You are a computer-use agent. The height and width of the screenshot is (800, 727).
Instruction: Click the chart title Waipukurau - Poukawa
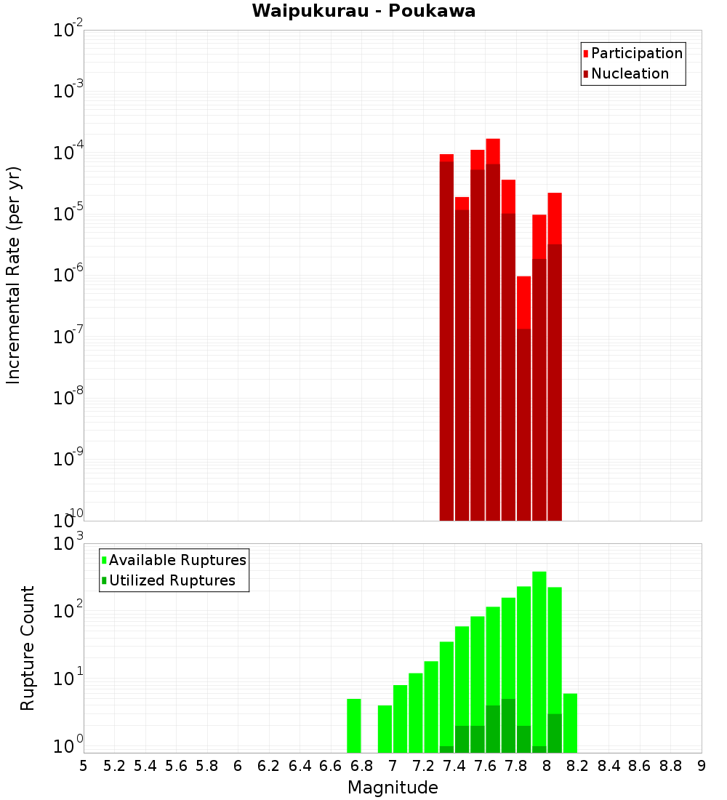click(x=363, y=11)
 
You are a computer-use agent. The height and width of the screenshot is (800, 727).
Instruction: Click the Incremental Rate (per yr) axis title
click(x=13, y=275)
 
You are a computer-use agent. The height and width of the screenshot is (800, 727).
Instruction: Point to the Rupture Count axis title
click(x=27, y=648)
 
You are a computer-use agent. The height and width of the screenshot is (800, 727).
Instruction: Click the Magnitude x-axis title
click(x=393, y=788)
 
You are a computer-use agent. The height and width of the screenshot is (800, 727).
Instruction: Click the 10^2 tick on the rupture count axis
click(x=69, y=611)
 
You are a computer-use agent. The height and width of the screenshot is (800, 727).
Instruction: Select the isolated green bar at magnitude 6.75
click(x=354, y=726)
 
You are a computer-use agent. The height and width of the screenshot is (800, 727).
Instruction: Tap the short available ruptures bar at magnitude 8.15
click(x=570, y=724)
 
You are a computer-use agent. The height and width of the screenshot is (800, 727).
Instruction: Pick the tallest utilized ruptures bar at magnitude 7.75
click(x=508, y=726)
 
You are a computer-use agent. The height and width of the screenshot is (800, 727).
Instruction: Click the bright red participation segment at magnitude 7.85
click(x=523, y=302)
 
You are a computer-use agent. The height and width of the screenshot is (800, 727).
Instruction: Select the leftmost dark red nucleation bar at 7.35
click(x=447, y=342)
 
